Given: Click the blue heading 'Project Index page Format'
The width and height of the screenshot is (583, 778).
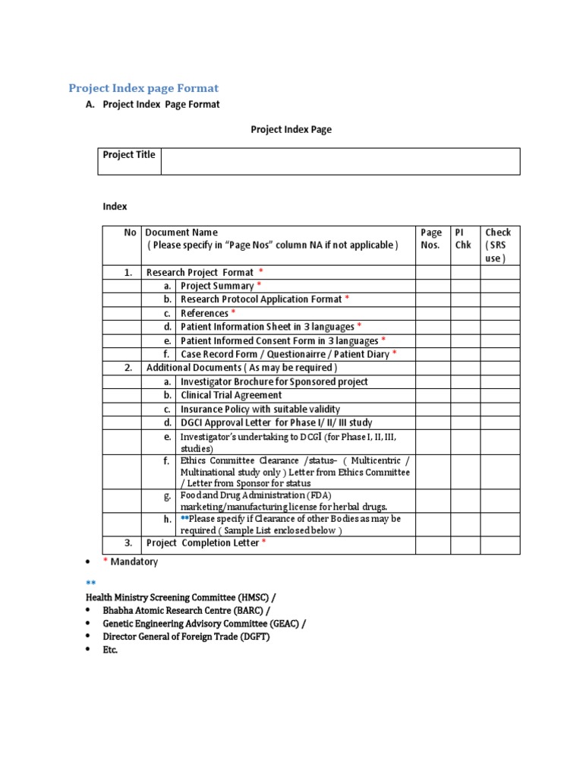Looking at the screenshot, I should (x=143, y=88).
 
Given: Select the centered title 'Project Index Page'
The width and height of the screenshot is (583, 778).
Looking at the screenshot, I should (x=291, y=130).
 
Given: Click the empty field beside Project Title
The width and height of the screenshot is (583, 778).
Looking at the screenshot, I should (x=339, y=161).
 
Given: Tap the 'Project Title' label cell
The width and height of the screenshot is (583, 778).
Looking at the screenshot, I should (x=129, y=155).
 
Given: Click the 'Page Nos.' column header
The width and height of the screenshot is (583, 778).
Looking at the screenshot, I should (x=430, y=239).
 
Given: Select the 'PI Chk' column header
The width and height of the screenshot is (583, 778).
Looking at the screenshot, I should (x=462, y=239).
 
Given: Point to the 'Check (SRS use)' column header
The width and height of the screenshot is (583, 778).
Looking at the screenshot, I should (x=498, y=245).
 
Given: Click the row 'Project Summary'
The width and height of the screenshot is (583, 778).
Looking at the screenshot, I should (x=217, y=286).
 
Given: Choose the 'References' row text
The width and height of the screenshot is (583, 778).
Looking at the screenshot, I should (x=204, y=314).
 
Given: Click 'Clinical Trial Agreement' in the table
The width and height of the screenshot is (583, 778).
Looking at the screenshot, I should (x=231, y=396).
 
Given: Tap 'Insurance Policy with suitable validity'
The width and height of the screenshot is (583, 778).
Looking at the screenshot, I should (x=260, y=410).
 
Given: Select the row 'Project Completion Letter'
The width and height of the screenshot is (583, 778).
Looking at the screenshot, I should (x=203, y=544).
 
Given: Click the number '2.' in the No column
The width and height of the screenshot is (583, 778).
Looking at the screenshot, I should (x=128, y=368).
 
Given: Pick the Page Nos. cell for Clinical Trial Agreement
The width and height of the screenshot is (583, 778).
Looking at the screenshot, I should (x=432, y=396).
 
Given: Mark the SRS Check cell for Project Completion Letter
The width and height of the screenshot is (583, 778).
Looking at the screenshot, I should (x=499, y=544).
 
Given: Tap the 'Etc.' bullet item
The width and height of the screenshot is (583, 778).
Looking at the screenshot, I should (x=111, y=650).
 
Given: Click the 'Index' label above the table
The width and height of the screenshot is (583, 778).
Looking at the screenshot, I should (x=115, y=207).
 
